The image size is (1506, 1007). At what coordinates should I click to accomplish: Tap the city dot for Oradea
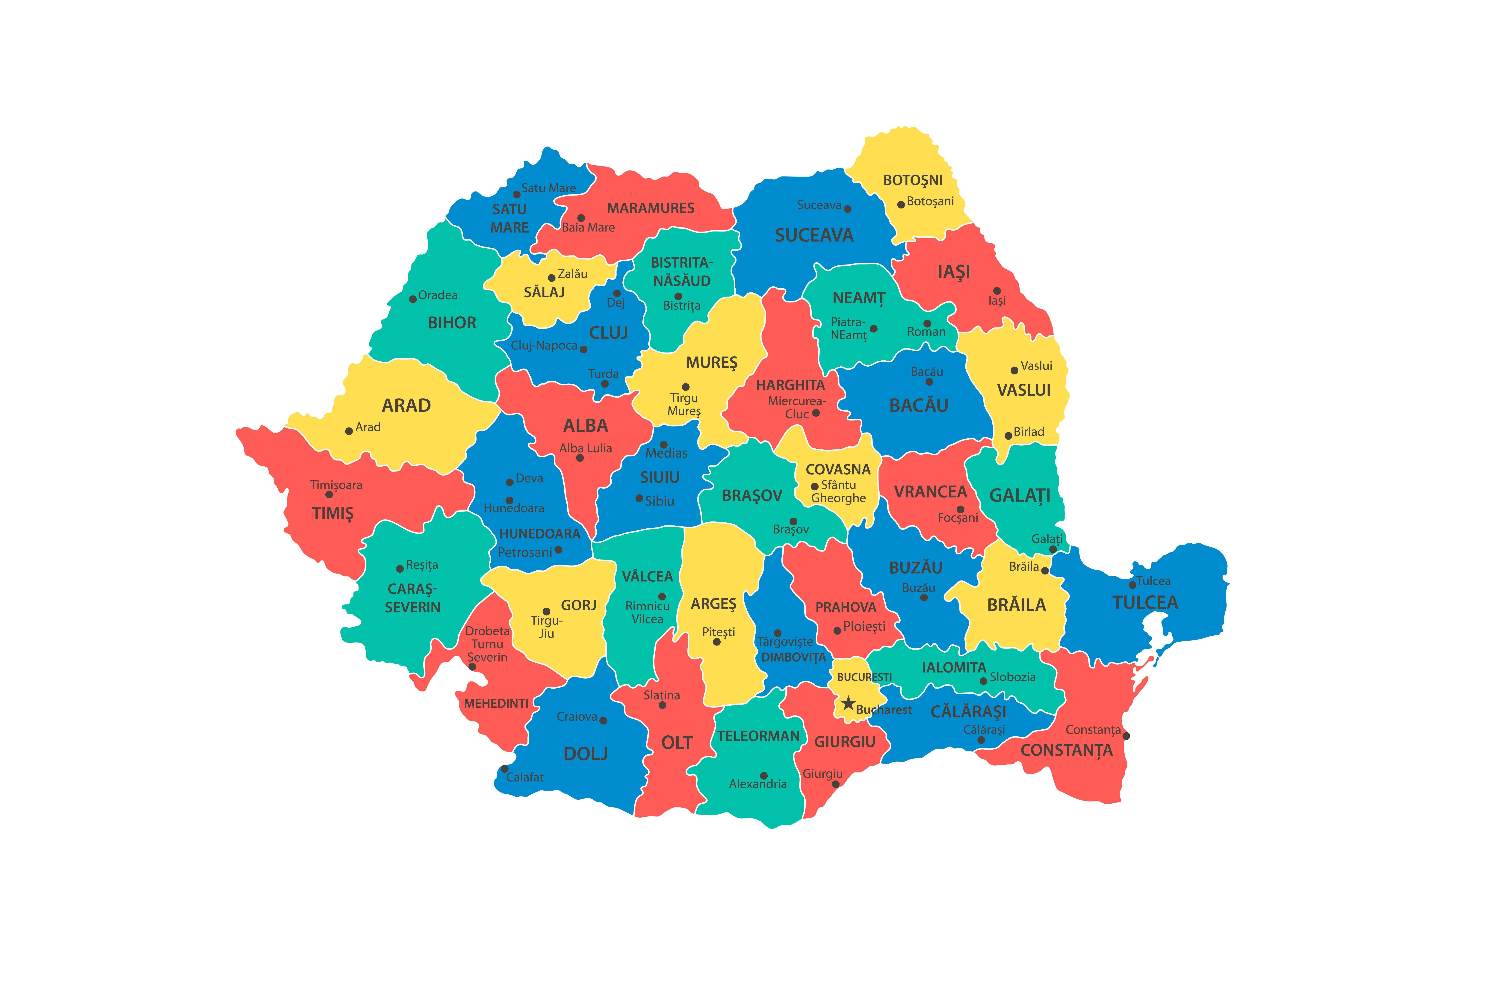pyautogui.click(x=413, y=299)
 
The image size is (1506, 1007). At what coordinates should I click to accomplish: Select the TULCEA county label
pyautogui.click(x=1145, y=603)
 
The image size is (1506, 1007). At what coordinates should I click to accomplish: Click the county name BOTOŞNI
pyautogui.click(x=913, y=180)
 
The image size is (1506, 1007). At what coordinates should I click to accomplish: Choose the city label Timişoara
pyautogui.click(x=336, y=485)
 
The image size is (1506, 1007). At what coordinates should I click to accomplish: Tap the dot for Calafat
pyautogui.click(x=505, y=769)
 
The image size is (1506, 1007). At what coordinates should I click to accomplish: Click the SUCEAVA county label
pyautogui.click(x=814, y=236)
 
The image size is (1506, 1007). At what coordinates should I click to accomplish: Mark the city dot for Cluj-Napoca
pyautogui.click(x=583, y=349)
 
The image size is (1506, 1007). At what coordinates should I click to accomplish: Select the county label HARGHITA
pyautogui.click(x=790, y=385)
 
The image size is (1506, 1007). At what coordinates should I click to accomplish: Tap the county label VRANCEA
pyautogui.click(x=930, y=492)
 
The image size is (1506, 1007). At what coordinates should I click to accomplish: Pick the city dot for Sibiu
pyautogui.click(x=639, y=498)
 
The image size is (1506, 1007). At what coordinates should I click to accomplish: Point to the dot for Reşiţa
pyautogui.click(x=400, y=568)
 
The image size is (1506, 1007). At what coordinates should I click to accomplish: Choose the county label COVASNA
pyautogui.click(x=838, y=469)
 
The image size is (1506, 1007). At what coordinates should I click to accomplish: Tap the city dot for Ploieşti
pyautogui.click(x=837, y=631)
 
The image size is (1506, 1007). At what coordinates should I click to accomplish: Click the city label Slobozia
pyautogui.click(x=1012, y=677)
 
